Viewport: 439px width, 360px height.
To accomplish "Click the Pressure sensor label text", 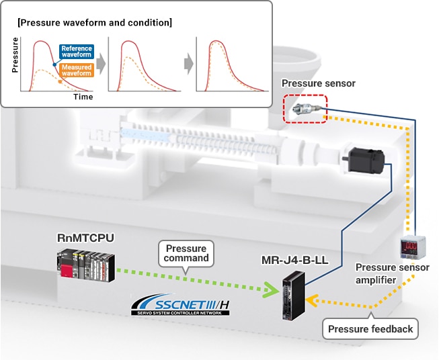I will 319,83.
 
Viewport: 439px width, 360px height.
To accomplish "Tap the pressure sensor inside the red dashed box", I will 306,109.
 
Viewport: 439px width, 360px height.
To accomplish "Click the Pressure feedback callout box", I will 370,329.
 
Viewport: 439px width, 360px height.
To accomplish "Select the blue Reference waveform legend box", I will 76,52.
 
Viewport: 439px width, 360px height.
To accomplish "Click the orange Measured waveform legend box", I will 76,71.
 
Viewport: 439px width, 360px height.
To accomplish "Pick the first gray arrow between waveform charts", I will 101,64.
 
